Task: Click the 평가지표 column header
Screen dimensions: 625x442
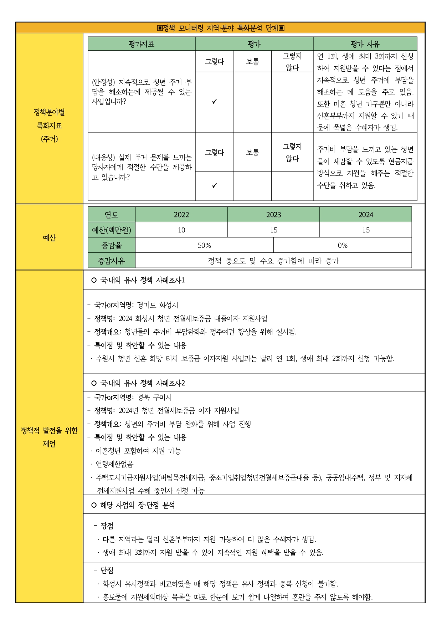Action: (142, 44)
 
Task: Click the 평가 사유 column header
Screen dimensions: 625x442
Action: (365, 44)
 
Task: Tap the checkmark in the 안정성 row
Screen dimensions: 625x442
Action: (215, 102)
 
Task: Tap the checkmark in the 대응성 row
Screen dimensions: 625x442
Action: (215, 185)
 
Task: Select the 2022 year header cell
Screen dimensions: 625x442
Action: (181, 215)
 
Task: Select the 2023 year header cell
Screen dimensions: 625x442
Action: (273, 215)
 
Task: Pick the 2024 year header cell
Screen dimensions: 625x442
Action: (366, 215)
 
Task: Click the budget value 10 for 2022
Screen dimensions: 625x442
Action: (181, 230)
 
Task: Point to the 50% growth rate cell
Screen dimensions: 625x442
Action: (204, 245)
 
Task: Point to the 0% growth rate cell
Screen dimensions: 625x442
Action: (343, 245)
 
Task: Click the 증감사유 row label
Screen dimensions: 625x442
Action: (112, 261)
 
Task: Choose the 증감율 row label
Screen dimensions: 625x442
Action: (112, 245)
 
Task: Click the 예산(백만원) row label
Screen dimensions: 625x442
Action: (112, 230)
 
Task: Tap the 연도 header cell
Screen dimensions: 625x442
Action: (112, 215)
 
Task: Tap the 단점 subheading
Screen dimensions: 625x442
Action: (107, 570)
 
